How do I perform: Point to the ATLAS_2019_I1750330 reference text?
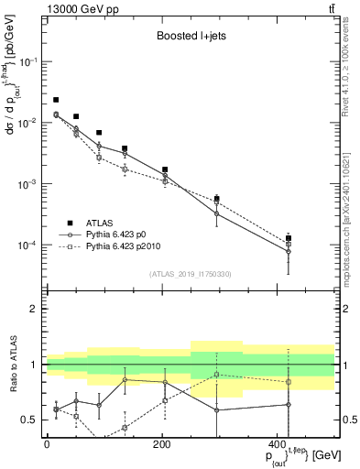[x=190, y=273]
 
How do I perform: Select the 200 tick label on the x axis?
[x=161, y=445]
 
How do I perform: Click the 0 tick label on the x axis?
[x=47, y=445]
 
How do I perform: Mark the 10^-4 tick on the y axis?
[x=27, y=245]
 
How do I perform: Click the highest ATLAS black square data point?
[x=56, y=100]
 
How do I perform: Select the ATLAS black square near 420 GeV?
[x=289, y=238]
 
